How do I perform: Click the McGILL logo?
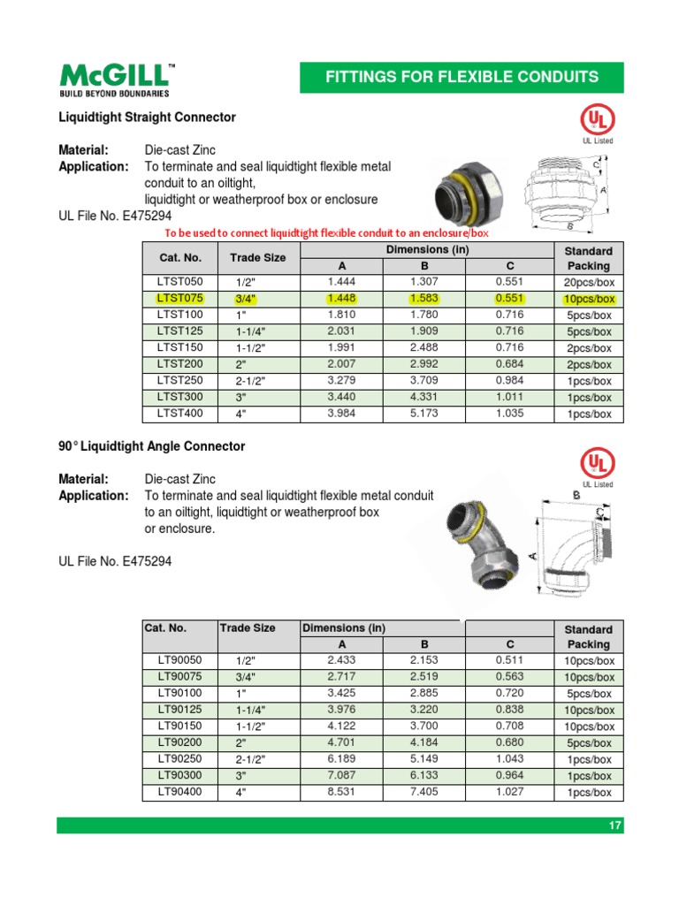click(115, 79)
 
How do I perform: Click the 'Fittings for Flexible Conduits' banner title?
click(462, 77)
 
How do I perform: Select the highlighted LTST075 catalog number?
click(179, 299)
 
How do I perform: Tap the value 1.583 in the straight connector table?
click(423, 299)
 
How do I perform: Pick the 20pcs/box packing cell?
click(588, 283)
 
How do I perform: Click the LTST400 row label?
click(179, 414)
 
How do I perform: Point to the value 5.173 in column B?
click(423, 414)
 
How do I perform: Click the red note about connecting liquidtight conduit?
click(327, 233)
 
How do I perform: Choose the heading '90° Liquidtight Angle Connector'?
click(151, 446)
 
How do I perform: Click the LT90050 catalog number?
click(179, 660)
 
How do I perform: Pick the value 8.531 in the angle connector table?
click(341, 792)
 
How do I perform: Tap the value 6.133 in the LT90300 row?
click(423, 775)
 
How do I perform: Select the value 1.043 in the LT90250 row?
click(508, 759)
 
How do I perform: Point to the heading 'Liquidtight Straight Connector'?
click(147, 117)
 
